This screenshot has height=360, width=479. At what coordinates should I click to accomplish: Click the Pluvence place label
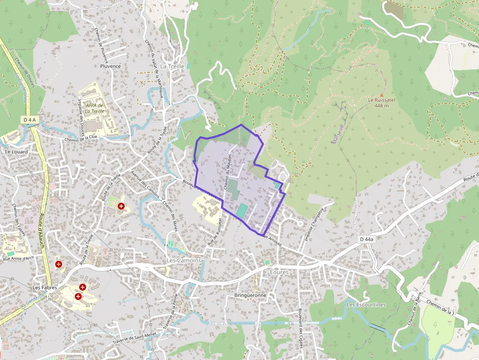tap(110, 66)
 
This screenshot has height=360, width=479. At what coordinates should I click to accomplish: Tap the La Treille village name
tap(172, 66)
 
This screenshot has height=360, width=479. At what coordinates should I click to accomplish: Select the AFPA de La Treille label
tap(94, 108)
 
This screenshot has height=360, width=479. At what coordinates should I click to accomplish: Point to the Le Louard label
tap(16, 152)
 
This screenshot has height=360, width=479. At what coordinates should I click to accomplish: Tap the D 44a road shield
tap(366, 239)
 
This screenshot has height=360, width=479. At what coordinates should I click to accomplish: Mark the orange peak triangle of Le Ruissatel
tap(381, 95)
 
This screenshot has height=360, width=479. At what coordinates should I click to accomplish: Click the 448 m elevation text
tap(381, 106)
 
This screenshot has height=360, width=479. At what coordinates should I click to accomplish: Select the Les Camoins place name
tap(184, 260)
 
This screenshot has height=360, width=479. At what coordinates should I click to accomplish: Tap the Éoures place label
tap(279, 272)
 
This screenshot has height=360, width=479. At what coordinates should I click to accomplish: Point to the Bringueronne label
tap(250, 296)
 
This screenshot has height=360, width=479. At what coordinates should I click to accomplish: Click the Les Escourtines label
tap(366, 305)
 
